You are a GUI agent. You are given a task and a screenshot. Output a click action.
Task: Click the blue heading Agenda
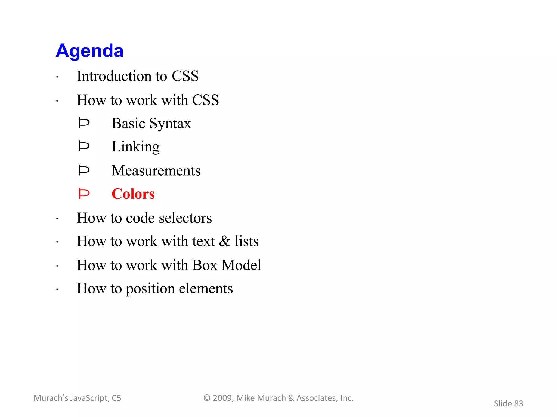point(89,51)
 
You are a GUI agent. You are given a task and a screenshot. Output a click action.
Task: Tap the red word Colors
point(133,194)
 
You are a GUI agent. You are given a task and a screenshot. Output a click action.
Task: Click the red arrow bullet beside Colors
point(84,194)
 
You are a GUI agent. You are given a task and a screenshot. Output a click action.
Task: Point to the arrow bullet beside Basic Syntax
point(84,123)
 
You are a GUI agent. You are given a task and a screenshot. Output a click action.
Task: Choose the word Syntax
point(170,124)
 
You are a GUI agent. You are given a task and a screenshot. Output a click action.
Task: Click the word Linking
point(135,147)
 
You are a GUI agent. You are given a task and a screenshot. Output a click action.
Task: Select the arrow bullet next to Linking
point(84,146)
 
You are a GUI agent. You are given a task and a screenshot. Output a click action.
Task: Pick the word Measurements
point(156,171)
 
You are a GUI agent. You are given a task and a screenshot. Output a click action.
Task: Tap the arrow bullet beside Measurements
point(84,170)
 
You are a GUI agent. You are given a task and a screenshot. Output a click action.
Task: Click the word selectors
point(185,218)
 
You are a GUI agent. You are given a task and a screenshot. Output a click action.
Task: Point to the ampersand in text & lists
point(225,241)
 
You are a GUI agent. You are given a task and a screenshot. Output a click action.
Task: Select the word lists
point(247,241)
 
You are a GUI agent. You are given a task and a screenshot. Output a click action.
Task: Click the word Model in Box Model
point(241,265)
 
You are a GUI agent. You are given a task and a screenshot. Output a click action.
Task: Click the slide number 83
point(518,404)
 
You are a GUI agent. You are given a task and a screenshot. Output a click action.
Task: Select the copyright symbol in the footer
point(207,398)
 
